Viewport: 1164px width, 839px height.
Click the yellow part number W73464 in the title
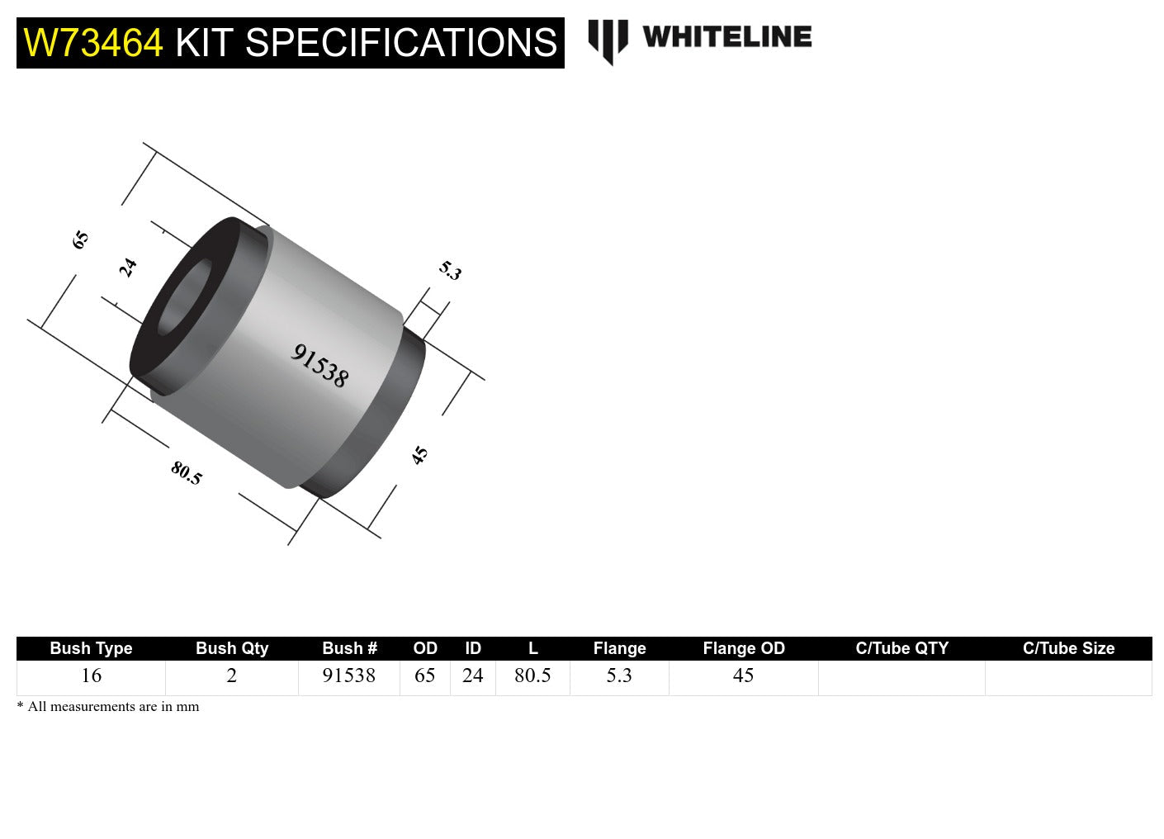93,43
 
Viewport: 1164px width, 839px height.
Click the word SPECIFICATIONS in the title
401,43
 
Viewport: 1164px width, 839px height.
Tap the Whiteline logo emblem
608,40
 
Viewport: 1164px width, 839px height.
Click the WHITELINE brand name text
726,37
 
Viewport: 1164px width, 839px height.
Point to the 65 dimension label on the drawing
80,240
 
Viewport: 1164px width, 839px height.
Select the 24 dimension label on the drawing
127,268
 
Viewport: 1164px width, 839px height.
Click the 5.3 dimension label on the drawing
450,270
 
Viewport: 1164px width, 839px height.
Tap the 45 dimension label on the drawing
420,455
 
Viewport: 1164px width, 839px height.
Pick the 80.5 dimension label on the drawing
187,473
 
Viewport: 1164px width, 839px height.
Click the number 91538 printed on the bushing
319,365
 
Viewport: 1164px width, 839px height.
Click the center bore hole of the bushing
183,297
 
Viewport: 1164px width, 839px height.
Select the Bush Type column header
91,648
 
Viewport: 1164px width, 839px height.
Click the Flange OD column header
743,648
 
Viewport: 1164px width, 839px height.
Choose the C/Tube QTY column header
901,648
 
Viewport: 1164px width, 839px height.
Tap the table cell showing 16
91,675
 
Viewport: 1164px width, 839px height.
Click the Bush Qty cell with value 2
231,675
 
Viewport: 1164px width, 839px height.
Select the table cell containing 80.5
532,675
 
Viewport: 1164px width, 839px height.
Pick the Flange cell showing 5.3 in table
619,675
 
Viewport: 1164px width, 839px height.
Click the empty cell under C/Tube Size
1068,677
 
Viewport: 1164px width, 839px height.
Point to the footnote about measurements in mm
108,706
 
